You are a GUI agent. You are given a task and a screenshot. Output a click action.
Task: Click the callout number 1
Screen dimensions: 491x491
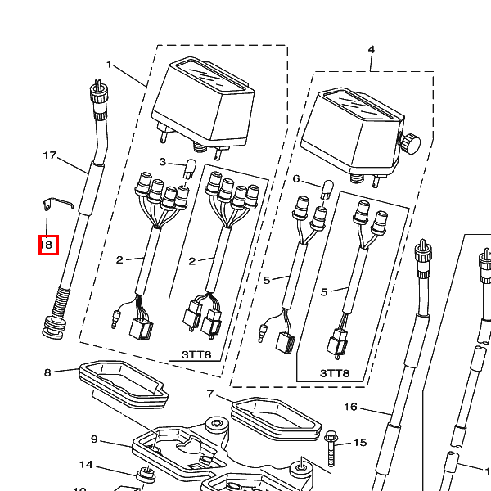tap(109, 65)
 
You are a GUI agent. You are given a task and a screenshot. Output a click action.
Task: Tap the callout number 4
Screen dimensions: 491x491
tap(371, 50)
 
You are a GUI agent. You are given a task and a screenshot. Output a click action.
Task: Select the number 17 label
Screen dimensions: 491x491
tap(49, 155)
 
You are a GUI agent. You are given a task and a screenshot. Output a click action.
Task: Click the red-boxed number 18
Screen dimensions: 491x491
tap(47, 245)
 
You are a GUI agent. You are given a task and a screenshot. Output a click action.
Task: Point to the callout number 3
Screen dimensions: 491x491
tap(162, 161)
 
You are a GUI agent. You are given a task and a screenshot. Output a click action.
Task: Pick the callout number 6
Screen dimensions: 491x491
tap(296, 178)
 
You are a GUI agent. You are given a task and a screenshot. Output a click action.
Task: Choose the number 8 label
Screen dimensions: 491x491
tap(47, 372)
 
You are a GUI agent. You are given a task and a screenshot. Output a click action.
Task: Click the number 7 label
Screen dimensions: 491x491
tap(210, 394)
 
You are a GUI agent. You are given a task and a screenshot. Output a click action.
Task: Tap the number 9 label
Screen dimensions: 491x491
tap(94, 439)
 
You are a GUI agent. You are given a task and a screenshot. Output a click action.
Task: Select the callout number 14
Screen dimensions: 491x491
tap(86, 466)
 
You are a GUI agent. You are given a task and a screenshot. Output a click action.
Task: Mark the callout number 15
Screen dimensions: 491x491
tap(360, 443)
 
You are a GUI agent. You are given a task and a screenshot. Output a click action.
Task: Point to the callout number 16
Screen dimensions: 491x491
tap(350, 407)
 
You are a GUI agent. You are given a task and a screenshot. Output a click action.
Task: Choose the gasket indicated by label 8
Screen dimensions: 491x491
tap(123, 385)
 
